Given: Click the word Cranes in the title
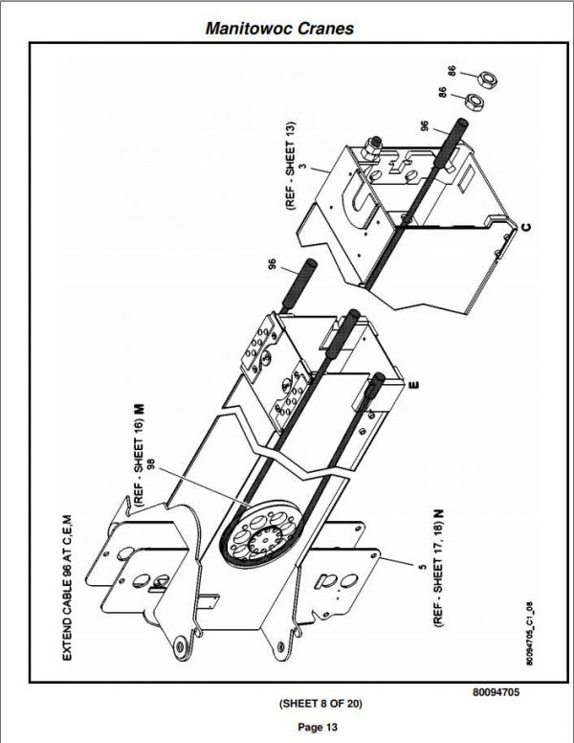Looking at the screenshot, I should [326, 29].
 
